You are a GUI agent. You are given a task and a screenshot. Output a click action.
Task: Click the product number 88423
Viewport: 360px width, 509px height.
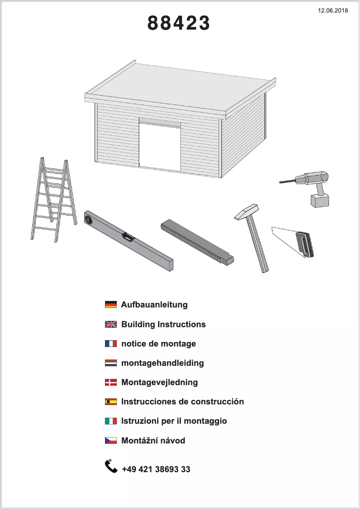[179, 23]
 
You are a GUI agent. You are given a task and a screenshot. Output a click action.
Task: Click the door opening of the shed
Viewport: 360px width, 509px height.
[160, 146]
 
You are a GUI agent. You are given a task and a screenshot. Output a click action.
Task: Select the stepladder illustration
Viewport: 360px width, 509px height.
[52, 200]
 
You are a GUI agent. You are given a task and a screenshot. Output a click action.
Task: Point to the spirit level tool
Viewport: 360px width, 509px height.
[128, 240]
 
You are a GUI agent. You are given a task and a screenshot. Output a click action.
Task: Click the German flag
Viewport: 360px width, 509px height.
[110, 305]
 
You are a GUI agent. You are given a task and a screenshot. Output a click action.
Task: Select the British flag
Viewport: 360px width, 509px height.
[110, 325]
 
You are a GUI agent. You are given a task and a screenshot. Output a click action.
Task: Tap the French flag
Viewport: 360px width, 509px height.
[110, 344]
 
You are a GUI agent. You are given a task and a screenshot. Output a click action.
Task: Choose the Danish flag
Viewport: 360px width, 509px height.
[110, 382]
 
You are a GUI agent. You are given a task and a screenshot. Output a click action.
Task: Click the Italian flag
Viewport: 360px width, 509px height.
[110, 421]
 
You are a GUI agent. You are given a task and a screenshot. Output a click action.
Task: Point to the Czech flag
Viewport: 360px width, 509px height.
[110, 441]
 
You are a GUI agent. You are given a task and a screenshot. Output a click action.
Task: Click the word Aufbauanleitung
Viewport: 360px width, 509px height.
[154, 305]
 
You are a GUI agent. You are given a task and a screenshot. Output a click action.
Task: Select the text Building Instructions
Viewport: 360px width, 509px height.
[163, 325]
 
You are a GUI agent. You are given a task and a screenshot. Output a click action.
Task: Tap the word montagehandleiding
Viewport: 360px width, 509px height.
[162, 363]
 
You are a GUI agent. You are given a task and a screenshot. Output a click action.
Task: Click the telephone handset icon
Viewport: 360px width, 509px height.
[111, 466]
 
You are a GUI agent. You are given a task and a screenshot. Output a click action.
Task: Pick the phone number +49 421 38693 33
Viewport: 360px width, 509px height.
[156, 470]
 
